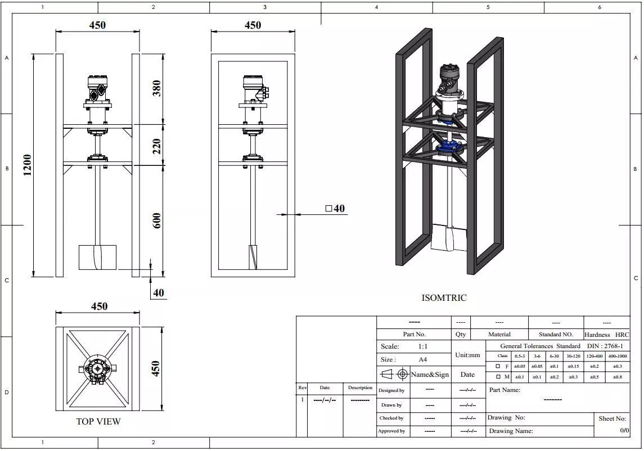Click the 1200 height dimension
[27, 165]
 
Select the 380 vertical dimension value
[156, 88]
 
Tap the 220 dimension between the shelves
[156, 146]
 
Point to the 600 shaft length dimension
[156, 220]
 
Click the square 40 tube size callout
[335, 209]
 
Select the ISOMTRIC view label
[444, 298]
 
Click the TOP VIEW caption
[98, 421]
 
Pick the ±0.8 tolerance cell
[618, 377]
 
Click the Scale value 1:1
[422, 346]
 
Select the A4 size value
[422, 359]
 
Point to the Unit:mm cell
[467, 355]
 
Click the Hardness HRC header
[607, 335]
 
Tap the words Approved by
[391, 431]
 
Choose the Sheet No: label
[613, 418]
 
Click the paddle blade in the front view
[97, 258]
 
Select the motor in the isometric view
[450, 78]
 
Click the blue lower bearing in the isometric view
[449, 147]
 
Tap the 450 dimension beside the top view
[156, 369]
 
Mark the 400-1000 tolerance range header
[618, 356]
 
